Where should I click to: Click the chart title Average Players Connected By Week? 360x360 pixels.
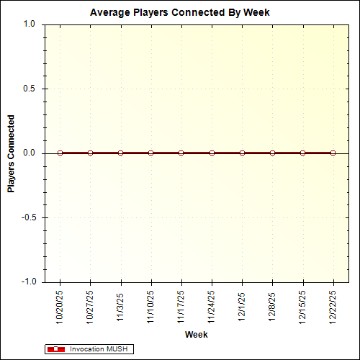(x=180, y=12)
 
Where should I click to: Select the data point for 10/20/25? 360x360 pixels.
(x=60, y=153)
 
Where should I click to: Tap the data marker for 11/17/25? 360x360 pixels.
(x=181, y=153)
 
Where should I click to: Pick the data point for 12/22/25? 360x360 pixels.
(x=333, y=153)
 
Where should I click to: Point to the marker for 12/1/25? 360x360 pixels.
(x=242, y=153)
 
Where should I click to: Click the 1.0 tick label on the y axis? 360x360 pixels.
(x=29, y=24)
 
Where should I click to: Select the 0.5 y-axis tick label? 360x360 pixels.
(x=29, y=89)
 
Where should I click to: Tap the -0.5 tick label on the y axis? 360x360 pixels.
(x=27, y=217)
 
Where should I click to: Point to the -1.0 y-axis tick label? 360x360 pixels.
(x=27, y=282)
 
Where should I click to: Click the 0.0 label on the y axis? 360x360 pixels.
(x=29, y=153)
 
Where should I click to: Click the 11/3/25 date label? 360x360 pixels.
(x=121, y=305)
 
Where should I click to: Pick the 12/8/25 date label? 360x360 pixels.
(x=272, y=305)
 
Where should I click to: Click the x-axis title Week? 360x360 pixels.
(x=197, y=335)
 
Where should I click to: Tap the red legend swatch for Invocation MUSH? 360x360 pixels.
(x=55, y=349)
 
